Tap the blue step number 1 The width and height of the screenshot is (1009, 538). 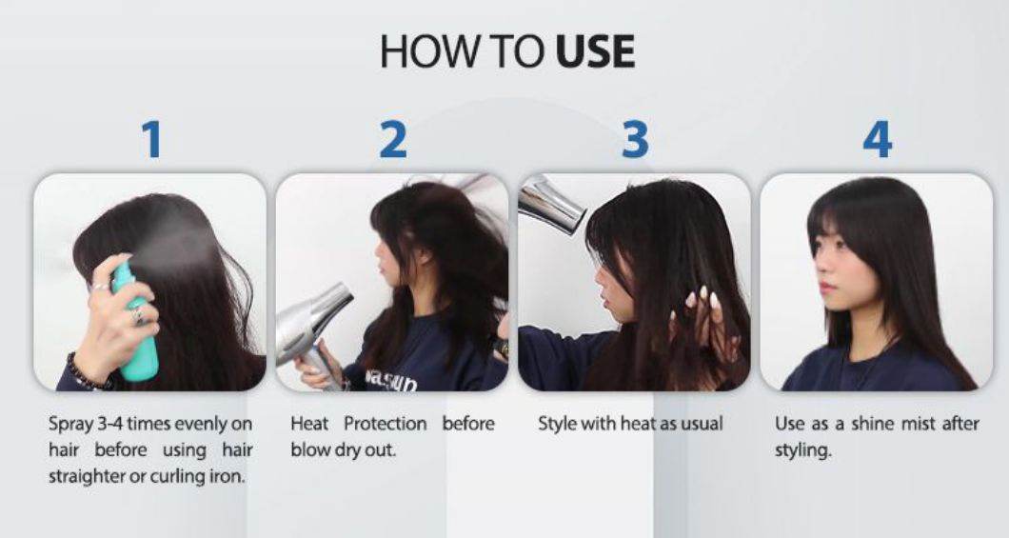point(151,139)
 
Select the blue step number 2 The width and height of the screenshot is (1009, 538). point(392,139)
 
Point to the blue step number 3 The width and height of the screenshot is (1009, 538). point(635,139)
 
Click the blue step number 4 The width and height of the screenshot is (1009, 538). point(877,139)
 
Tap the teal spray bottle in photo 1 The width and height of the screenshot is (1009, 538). point(134,324)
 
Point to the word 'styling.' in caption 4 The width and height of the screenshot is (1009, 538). point(802,449)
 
